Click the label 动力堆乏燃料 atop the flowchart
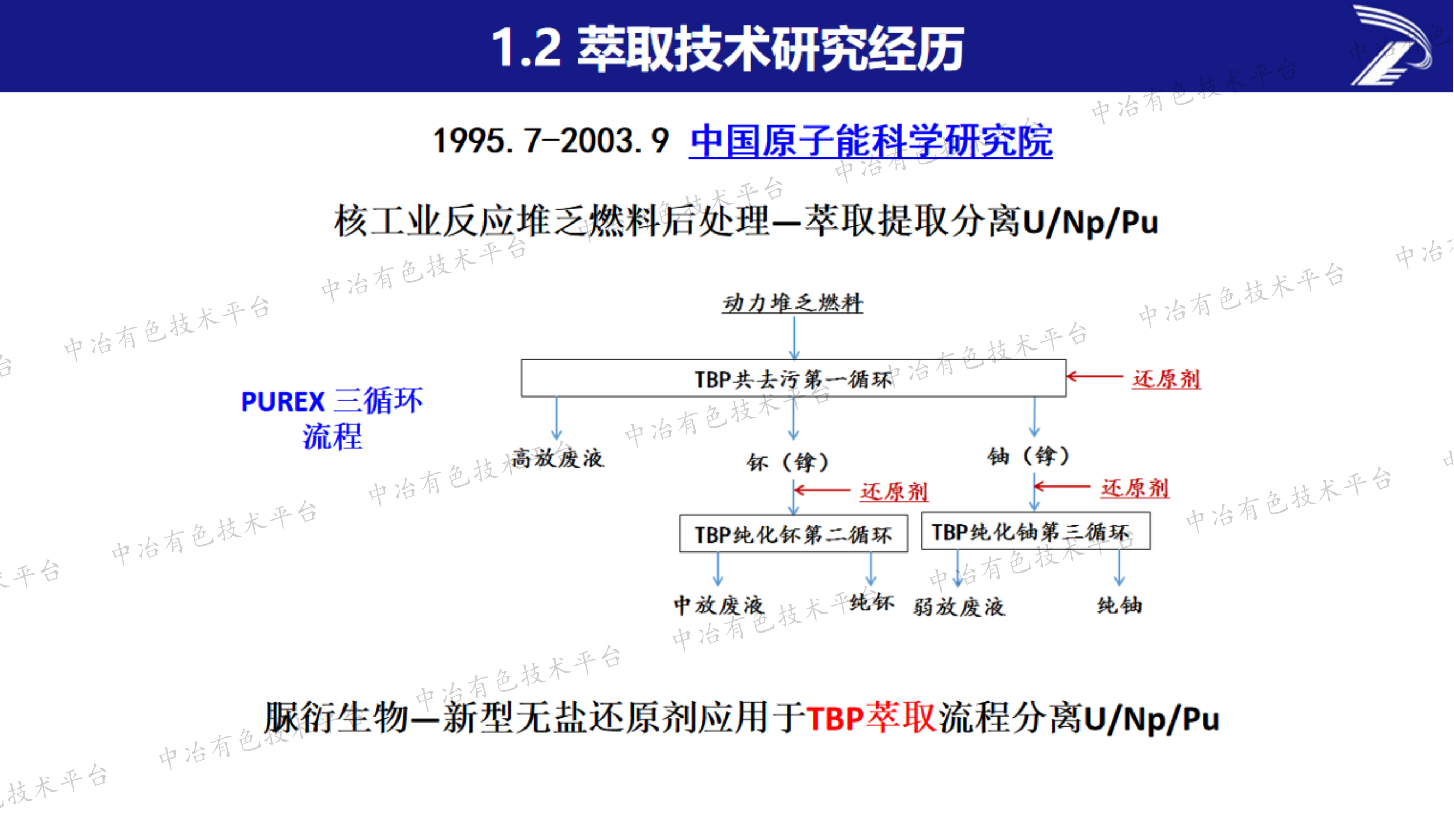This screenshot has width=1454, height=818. coord(793,303)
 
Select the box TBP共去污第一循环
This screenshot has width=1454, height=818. coord(793,379)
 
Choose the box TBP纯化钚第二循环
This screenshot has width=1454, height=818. coord(793,534)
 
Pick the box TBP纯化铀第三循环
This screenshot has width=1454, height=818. coord(1035,531)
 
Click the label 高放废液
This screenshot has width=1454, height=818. coord(558,459)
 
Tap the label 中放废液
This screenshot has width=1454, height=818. coord(719,605)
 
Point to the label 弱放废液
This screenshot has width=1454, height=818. coord(959,608)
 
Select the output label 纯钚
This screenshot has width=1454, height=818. coord(872,603)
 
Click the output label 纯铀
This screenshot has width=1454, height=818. coord(1119,605)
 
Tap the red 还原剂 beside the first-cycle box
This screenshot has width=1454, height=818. coord(1166,379)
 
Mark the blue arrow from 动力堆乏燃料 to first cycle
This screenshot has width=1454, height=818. coord(794,338)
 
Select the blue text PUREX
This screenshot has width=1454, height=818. coord(283,402)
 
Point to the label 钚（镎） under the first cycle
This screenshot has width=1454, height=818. coord(788,462)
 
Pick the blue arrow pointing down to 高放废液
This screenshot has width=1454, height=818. coord(557,418)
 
